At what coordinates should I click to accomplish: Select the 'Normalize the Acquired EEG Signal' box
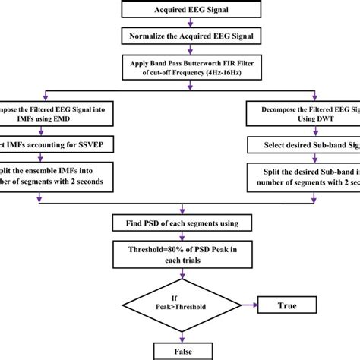180,35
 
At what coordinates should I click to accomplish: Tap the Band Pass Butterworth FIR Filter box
180,65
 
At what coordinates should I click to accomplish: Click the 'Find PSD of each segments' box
180,224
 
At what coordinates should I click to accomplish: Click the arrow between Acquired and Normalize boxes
180,23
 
